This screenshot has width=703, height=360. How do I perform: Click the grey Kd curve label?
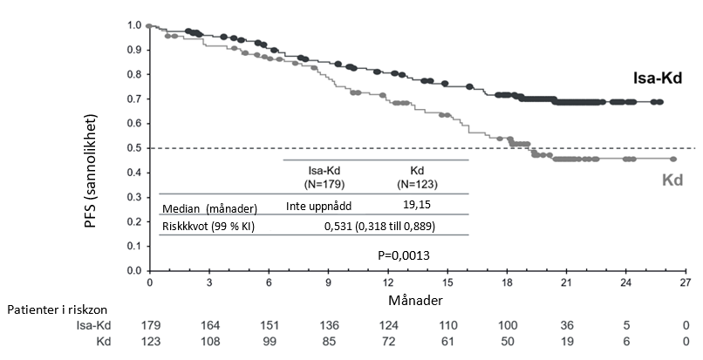click(672, 180)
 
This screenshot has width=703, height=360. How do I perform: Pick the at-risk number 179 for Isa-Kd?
click(150, 324)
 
